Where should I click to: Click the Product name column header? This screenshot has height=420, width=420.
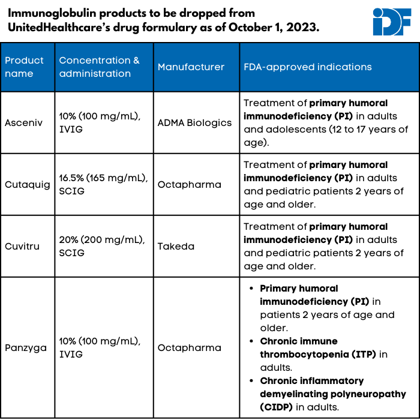pyautogui.click(x=25, y=67)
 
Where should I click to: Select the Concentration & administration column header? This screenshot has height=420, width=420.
pyautogui.click(x=99, y=67)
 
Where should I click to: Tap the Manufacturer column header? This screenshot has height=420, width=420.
pyautogui.click(x=191, y=67)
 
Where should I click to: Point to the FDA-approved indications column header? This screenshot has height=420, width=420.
pyautogui.click(x=307, y=67)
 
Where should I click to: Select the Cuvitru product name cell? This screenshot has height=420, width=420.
pyautogui.click(x=22, y=246)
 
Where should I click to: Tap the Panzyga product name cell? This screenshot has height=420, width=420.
pyautogui.click(x=26, y=347)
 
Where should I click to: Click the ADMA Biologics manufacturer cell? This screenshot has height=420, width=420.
pyautogui.click(x=194, y=122)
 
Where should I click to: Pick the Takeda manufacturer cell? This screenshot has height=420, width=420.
pyautogui.click(x=175, y=246)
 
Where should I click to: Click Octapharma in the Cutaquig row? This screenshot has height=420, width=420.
pyautogui.click(x=189, y=184)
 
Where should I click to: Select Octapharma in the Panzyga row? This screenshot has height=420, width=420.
pyautogui.click(x=189, y=347)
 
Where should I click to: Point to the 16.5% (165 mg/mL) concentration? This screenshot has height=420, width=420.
pyautogui.click(x=100, y=178)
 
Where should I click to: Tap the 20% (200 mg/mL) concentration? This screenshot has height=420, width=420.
pyautogui.click(x=99, y=239)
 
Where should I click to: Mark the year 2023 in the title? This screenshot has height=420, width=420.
pyautogui.click(x=302, y=28)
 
